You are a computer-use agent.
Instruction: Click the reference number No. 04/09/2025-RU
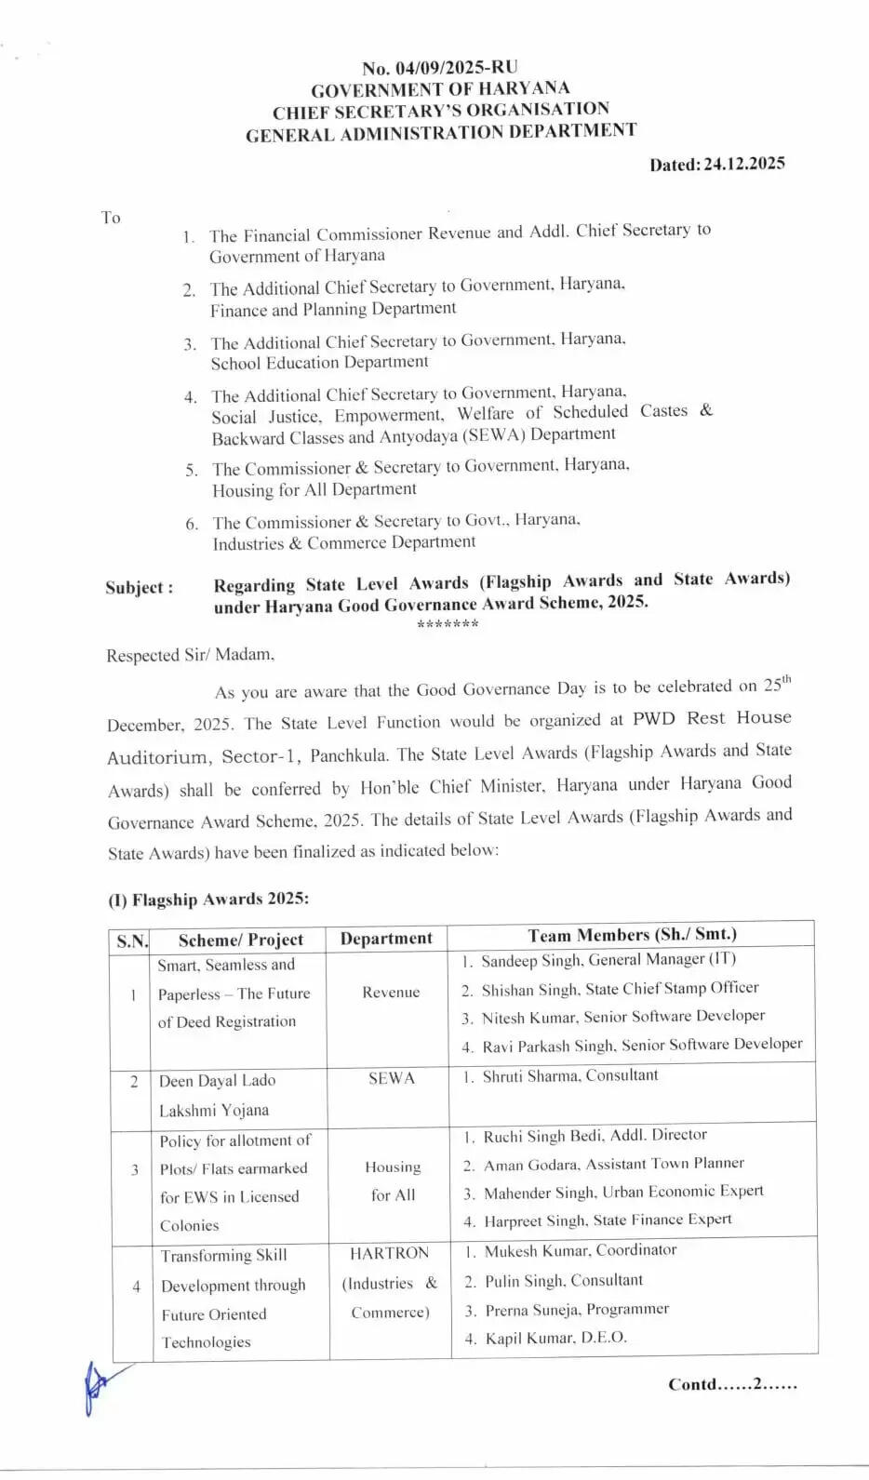(439, 68)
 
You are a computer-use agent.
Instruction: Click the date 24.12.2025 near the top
(743, 164)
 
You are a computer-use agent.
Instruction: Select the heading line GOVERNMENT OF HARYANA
(440, 89)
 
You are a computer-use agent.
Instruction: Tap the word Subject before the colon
(133, 588)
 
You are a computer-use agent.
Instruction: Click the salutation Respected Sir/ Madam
(190, 655)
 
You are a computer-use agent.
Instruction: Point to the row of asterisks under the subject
(448, 624)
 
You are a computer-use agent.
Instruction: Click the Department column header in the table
(386, 938)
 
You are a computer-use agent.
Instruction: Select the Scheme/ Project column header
(240, 940)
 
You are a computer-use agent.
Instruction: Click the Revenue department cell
(391, 992)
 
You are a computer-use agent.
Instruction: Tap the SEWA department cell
(391, 1078)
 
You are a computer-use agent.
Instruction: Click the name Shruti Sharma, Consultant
(569, 1075)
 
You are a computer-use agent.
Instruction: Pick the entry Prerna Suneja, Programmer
(576, 1309)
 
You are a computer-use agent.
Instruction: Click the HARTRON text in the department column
(389, 1253)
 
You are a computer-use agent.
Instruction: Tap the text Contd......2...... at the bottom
(732, 1384)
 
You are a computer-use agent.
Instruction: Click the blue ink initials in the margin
(98, 1386)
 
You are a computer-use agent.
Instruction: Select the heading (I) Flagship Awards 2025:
(208, 900)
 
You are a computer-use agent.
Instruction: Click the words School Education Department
(319, 362)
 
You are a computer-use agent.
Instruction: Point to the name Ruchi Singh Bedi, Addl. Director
(595, 1135)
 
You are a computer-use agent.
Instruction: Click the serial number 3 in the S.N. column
(134, 1169)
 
